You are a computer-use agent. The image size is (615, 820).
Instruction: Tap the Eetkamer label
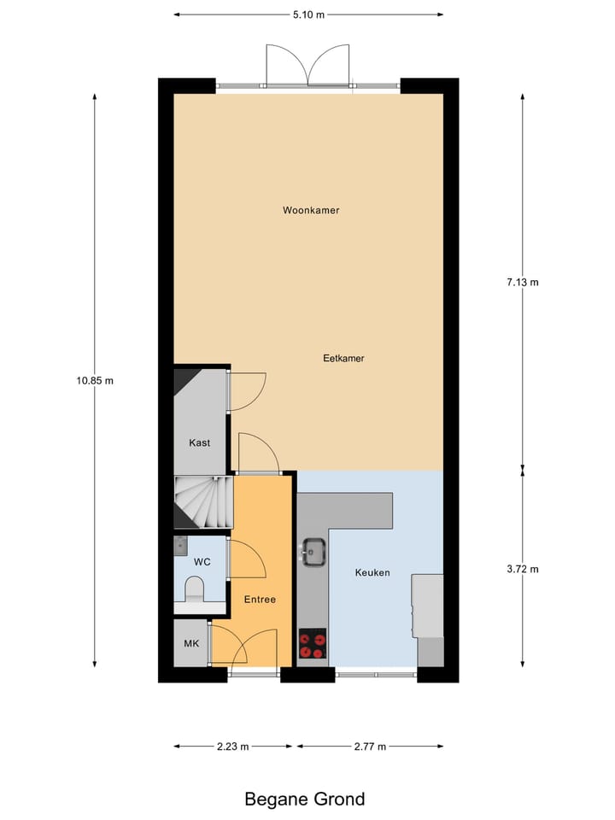coord(343,359)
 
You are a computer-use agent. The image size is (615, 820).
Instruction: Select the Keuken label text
coord(372,572)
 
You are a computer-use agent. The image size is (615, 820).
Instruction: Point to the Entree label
coord(260,600)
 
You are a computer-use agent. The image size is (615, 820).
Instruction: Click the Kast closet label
coord(199,443)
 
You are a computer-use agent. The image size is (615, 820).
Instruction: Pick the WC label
coord(202,562)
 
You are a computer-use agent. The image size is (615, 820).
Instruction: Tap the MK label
coord(191,643)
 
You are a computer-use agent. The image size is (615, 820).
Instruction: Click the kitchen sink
coord(313,551)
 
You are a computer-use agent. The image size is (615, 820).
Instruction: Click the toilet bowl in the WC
coord(196,589)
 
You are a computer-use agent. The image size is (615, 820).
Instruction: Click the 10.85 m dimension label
coord(95,381)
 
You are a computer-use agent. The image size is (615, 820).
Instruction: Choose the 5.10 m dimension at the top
coord(308,15)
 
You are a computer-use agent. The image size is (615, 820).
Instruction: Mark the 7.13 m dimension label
coord(522,282)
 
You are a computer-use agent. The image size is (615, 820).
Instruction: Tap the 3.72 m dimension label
coord(522,569)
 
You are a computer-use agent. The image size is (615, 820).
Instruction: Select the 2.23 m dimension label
coord(232,747)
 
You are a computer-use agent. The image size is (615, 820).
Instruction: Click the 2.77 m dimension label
coord(369,747)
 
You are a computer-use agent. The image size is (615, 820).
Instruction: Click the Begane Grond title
coord(305,799)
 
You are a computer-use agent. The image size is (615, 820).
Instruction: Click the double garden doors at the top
coord(308,65)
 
